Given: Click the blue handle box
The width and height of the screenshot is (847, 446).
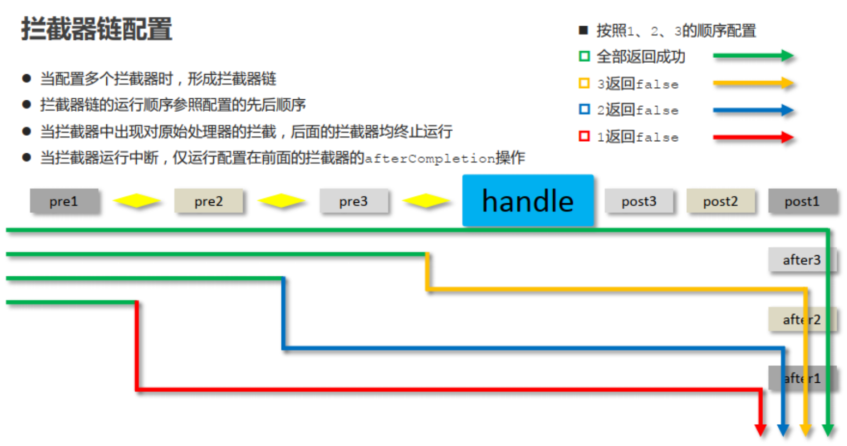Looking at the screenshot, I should [x=528, y=201].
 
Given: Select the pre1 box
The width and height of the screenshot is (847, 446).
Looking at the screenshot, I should [x=64, y=201].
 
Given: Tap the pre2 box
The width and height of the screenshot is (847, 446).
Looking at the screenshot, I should [x=208, y=201].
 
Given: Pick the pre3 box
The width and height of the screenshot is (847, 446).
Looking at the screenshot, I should [x=353, y=201].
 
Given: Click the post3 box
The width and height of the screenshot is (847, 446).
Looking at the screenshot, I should [x=639, y=201].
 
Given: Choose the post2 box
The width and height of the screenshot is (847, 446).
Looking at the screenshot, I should [x=720, y=201].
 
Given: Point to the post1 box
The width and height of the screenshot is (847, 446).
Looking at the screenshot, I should [x=802, y=201].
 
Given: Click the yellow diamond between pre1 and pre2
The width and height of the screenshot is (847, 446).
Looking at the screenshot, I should [x=136, y=201].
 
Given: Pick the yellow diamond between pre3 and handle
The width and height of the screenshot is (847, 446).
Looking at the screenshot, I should [x=426, y=201].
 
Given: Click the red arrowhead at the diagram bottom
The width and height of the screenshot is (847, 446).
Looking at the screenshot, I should [x=760, y=430].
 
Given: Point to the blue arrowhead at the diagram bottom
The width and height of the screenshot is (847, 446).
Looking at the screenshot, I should [x=783, y=430].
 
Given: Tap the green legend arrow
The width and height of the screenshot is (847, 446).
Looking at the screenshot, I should [x=753, y=56].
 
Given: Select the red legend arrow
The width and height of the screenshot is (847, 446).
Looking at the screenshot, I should [x=753, y=137].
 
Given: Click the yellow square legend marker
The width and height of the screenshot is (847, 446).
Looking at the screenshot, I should [x=584, y=83].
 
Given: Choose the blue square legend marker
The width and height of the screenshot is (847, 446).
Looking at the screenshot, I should [x=584, y=110].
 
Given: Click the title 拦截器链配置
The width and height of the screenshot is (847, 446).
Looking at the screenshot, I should [x=96, y=29].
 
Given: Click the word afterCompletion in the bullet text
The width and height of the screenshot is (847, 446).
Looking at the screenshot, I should [x=429, y=159].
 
